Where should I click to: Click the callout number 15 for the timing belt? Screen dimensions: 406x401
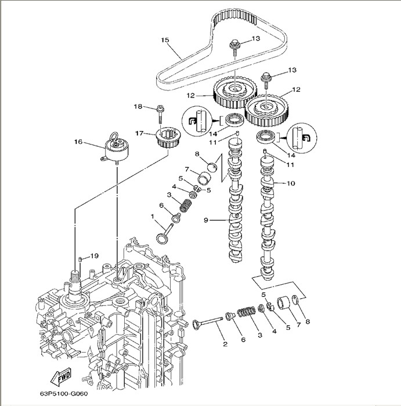pos(164,40)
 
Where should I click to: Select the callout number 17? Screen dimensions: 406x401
pos(139,133)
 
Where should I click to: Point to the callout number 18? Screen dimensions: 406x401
pos(138,106)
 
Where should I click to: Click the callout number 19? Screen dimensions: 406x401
pos(95,255)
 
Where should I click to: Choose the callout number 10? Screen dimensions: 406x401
pos(291,183)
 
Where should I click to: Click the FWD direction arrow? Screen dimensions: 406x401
pos(59,378)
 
